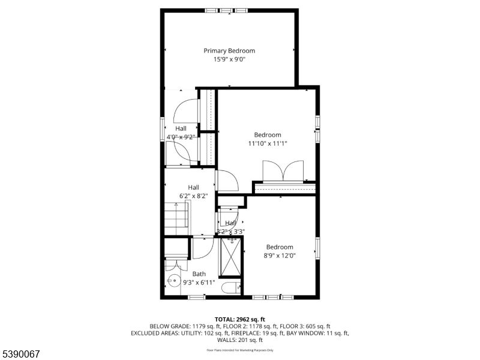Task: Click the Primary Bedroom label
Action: (229, 51)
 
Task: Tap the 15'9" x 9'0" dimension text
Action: (229, 59)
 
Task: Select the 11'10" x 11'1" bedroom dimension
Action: (268, 143)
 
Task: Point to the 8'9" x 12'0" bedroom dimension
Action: (280, 256)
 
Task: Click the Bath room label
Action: (199, 274)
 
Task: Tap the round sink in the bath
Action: (173, 281)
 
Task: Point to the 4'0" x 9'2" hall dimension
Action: (181, 137)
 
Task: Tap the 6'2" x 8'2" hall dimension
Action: (193, 196)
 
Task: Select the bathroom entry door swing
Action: (202, 247)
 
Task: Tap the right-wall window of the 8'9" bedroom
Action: (318, 247)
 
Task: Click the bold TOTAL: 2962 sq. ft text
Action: (240, 319)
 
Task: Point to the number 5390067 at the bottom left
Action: (20, 354)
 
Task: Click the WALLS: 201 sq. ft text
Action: (240, 340)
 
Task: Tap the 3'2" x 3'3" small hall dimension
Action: (231, 231)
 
